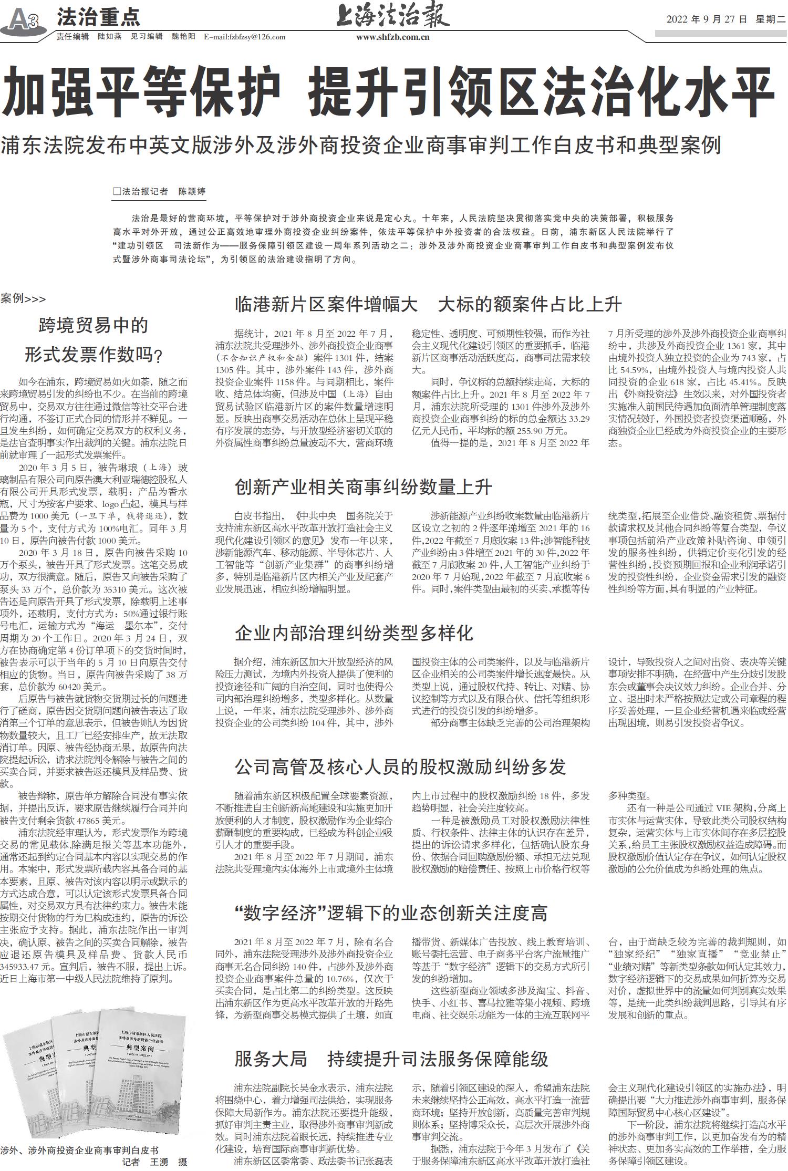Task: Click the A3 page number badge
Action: pos(24,21)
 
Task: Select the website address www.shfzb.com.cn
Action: pos(392,37)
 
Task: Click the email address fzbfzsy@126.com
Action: pos(245,37)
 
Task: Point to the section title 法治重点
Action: pos(98,17)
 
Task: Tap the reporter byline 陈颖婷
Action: pos(192,191)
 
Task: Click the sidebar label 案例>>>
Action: pos(23,299)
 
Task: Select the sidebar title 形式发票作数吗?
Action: pos(94,355)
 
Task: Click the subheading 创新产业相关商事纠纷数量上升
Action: pos(363,487)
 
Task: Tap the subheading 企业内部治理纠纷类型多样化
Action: pos(354,633)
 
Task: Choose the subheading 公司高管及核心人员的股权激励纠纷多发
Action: pos(400,767)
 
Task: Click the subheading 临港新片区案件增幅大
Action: pos(326,304)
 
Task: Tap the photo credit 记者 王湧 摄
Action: pos(155,1162)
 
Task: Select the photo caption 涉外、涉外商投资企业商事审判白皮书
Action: pos(79,1150)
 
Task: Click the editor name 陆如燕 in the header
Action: pos(109,37)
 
